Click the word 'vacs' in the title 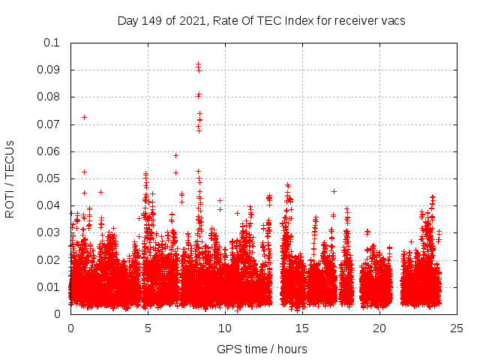(391, 21)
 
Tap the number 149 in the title (153, 21)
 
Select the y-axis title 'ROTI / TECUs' (10, 178)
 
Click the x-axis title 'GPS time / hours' (262, 349)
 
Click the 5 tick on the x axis (148, 328)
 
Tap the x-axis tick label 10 (225, 328)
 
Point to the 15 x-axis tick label (302, 328)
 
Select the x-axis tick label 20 (379, 328)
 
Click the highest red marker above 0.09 (198, 64)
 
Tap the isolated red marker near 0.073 (84, 117)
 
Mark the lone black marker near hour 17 (334, 191)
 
